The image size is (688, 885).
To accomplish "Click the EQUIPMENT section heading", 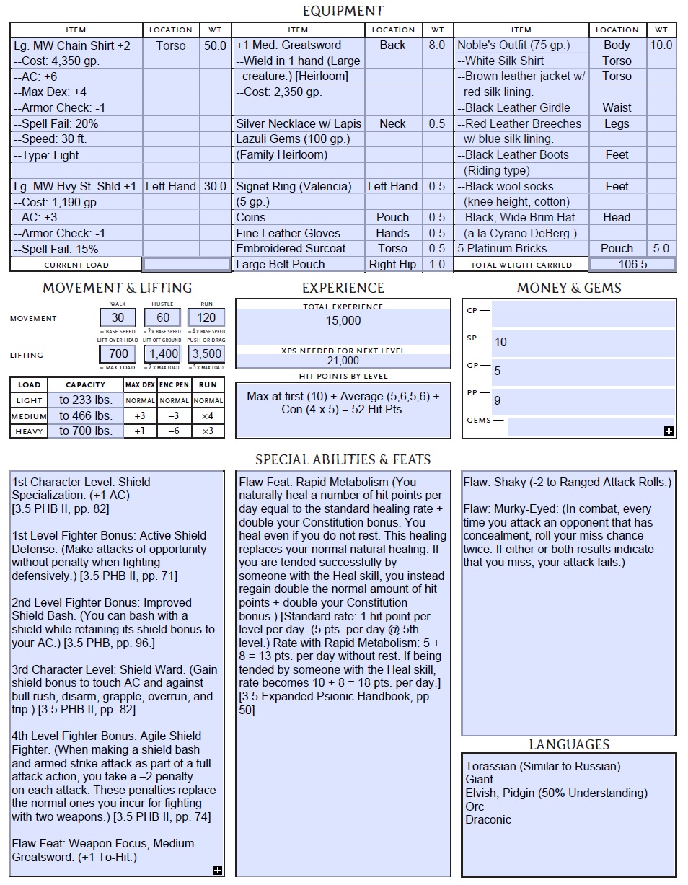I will click(343, 11).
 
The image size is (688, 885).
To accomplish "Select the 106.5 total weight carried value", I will click(632, 264).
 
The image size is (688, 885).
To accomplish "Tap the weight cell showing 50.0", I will click(214, 45).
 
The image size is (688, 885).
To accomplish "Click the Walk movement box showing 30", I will click(118, 318).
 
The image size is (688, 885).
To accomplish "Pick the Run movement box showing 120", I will click(207, 318).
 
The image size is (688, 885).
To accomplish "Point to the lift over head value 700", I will click(118, 354).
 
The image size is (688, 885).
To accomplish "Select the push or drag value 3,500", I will click(207, 354).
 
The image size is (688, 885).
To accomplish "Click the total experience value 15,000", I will click(343, 320).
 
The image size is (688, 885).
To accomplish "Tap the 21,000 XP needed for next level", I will click(343, 361).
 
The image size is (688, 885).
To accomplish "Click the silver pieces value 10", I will click(500, 342).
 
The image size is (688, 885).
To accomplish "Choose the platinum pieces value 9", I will click(498, 400).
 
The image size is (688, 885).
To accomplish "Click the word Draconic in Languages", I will click(488, 819).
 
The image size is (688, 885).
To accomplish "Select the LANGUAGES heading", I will click(569, 744).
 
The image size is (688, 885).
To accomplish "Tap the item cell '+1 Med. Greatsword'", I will click(289, 45).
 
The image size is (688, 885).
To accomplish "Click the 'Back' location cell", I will click(393, 45).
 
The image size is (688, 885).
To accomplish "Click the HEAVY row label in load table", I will click(30, 431).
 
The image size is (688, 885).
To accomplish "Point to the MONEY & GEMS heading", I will click(569, 288).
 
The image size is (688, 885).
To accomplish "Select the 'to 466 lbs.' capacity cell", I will click(86, 415).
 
